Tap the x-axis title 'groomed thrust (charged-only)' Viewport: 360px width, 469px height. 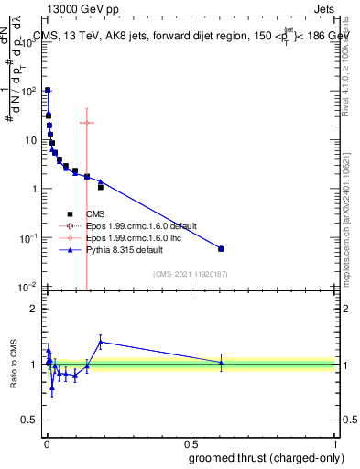pos(266,457)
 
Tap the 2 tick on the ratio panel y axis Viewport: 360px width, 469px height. pos(35,309)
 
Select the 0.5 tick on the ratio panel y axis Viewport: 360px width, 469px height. pos(32,420)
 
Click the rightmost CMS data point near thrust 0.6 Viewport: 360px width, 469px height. pos(220,248)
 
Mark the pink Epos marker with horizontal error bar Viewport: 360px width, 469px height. pos(87,123)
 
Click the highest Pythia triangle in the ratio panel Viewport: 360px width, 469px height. pos(101,342)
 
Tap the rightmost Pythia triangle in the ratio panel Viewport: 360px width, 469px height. pos(220,363)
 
